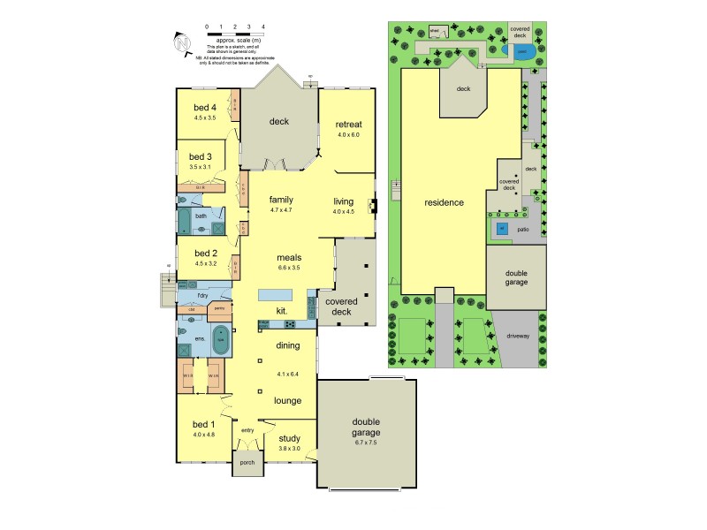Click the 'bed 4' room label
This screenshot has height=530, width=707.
coord(205,108)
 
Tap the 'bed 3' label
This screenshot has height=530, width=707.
coord(201,156)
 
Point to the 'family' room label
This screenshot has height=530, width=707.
coord(281,200)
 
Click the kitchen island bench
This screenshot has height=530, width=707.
coord(276,294)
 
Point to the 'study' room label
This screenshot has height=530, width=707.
coord(289,437)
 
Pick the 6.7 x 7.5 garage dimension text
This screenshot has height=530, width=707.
coord(365,443)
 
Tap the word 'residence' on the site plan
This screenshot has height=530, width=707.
coord(444,202)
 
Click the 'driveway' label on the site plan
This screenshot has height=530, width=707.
coord(518,336)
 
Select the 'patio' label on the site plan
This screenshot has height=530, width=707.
coord(522,230)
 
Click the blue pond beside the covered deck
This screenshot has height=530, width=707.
coord(521,51)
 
